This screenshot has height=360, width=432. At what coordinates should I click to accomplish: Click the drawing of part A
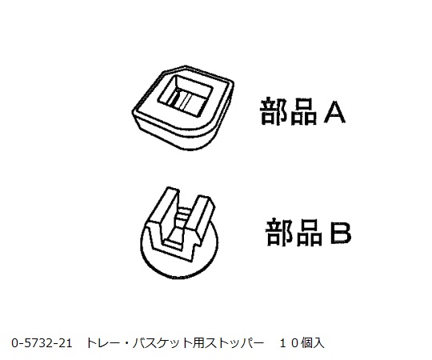click(x=183, y=108)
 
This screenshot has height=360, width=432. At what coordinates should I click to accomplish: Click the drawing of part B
click(x=179, y=233)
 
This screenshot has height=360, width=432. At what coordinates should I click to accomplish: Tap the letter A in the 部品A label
click(x=334, y=112)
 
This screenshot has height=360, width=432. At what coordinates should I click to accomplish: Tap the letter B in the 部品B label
click(x=341, y=233)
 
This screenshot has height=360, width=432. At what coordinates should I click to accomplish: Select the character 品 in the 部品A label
click(x=304, y=112)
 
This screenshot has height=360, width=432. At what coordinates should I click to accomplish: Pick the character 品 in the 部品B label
click(x=309, y=233)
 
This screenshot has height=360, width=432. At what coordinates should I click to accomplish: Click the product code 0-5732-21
click(x=42, y=343)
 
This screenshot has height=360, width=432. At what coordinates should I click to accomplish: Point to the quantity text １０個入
click(x=302, y=343)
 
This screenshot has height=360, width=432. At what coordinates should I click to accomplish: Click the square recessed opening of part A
click(x=185, y=94)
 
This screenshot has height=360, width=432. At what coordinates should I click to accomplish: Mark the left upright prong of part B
click(x=163, y=210)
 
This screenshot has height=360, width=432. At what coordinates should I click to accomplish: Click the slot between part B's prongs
click(x=180, y=225)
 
